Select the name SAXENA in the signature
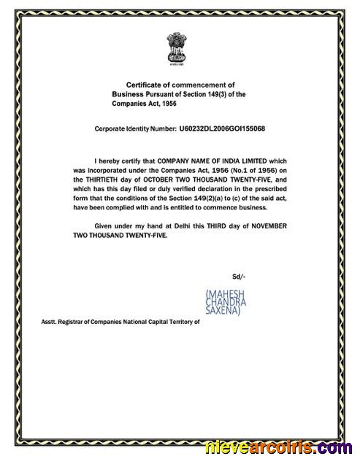[x=226, y=310]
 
